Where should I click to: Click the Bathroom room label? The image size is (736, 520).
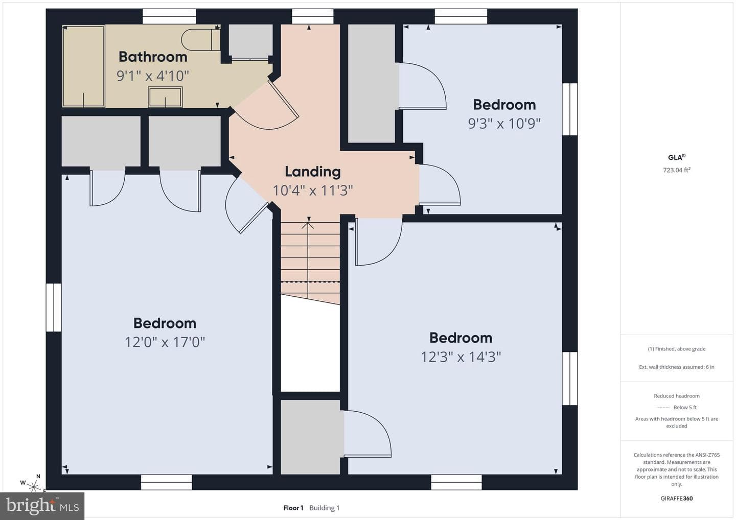coord(153,57)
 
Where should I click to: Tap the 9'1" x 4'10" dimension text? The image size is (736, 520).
coord(153,76)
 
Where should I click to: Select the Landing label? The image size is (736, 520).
coord(312,172)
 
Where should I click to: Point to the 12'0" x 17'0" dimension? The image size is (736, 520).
coord(165,342)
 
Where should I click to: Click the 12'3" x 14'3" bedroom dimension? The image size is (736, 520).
coord(461,357)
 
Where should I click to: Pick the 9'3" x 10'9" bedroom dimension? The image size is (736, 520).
coord(504,124)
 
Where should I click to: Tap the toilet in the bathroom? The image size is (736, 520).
coord(200,40)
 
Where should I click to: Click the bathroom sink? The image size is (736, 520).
coord(165,97)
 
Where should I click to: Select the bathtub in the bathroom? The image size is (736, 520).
coord(84,66)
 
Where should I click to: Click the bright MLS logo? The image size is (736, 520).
coord(42,506)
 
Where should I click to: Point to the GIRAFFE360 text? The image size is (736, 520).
coord(677,499)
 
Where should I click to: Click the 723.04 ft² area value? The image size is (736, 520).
coord(677,170)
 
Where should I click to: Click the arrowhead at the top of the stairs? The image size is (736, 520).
coord(308,225)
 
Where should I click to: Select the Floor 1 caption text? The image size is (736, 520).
coord(293,508)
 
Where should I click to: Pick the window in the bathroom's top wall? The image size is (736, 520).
coord(169,16)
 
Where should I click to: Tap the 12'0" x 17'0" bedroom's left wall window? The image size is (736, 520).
coord(54,308)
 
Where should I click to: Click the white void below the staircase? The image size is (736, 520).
coord(310,345)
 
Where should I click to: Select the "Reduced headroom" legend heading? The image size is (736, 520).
coord(677,396)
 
